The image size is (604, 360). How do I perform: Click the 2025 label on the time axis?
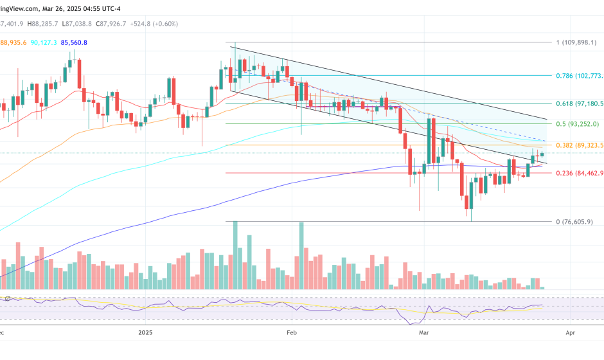click(146, 332)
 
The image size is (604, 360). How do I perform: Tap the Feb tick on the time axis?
click(292, 332)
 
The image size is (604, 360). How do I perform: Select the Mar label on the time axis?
click(423, 332)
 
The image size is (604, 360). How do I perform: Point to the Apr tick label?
click(570, 332)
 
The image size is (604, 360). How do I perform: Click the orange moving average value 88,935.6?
click(13, 42)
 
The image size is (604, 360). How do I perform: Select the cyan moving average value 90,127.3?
click(44, 42)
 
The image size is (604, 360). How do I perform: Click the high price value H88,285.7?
click(44, 24)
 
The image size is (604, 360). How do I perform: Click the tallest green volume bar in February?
click(301, 257)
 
